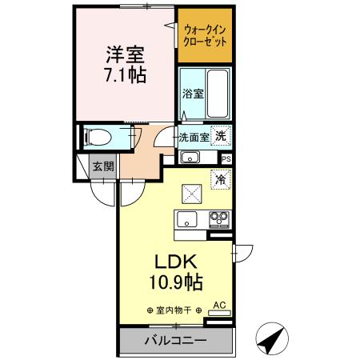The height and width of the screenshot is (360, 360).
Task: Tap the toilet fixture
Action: coord(97,137)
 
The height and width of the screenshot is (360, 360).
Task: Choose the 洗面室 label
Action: coord(194,137)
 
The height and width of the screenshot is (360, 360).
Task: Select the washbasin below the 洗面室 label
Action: coord(190,156)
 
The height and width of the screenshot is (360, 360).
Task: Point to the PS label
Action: coord(226,158)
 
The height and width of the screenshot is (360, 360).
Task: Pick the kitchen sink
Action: coord(190,219)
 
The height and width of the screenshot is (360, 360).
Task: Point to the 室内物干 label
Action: coord(174,310)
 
